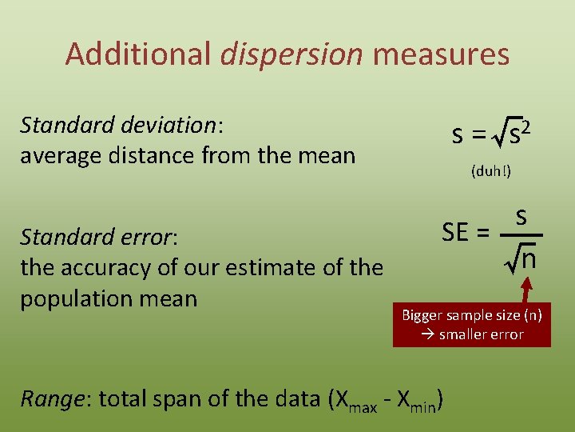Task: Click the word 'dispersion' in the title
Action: (x=291, y=54)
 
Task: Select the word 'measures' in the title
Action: (x=441, y=54)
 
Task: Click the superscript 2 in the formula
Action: (x=526, y=126)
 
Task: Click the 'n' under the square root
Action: (x=529, y=260)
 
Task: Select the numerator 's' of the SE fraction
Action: (x=520, y=217)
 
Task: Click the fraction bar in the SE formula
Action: (x=521, y=236)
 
